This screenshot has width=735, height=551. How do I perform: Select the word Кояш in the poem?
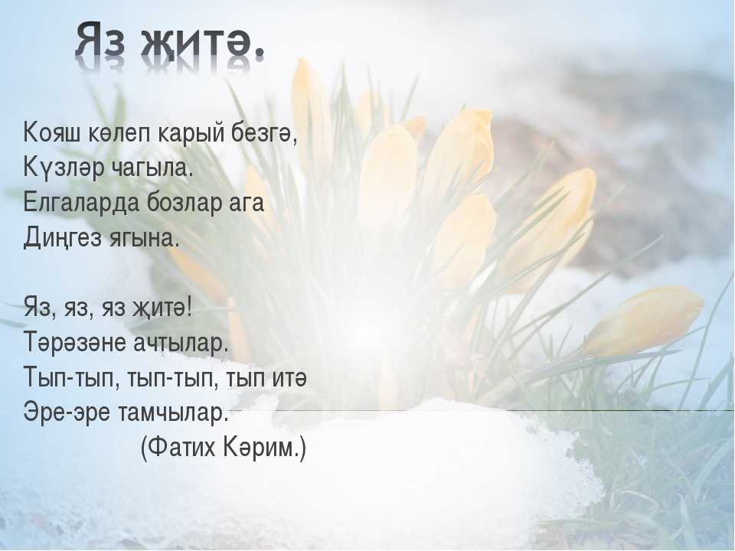pos(51,134)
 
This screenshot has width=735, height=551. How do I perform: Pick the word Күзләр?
pos(64,168)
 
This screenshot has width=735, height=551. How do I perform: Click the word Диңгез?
pos(62,237)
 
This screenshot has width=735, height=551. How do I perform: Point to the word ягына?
pos(144,239)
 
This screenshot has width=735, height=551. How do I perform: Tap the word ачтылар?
pos(181,343)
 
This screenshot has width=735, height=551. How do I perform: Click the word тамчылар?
pos(172,413)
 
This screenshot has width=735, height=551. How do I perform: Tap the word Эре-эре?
pos(67,413)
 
